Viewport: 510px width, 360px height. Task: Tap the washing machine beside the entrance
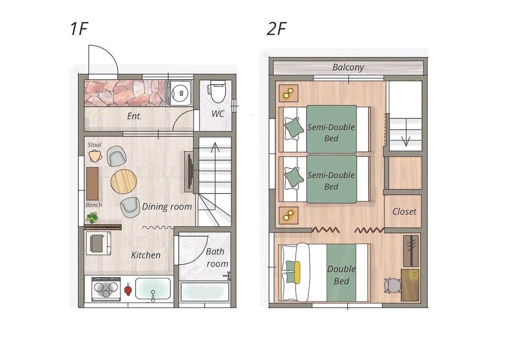click(x=179, y=93)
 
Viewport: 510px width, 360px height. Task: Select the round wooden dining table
click(x=124, y=182)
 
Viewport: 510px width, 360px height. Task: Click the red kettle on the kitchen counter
click(x=128, y=289)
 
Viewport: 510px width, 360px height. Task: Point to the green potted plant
click(x=92, y=218)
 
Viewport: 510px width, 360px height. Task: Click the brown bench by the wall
click(x=92, y=184)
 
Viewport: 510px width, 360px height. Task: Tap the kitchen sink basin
click(x=153, y=289)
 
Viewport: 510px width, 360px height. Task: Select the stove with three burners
click(x=106, y=289)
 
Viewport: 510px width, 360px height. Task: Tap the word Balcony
click(x=348, y=67)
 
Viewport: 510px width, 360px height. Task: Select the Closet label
click(x=404, y=212)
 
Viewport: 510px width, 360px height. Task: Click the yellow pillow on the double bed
click(x=297, y=272)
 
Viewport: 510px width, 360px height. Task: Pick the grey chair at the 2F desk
click(x=392, y=285)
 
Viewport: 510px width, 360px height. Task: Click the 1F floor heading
click(x=79, y=29)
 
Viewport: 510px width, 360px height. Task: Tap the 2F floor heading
click(x=276, y=29)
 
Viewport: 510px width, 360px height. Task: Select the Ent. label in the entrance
click(x=134, y=116)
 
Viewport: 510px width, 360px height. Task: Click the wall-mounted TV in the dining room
click(x=190, y=172)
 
